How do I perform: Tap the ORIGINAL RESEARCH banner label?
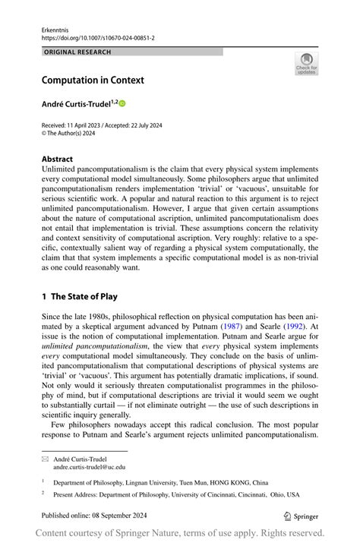coord(77,52)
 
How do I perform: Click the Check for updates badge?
coord(306,64)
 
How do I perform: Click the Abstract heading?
coord(57,159)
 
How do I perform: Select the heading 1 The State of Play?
coord(79,296)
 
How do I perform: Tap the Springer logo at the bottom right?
coord(301,515)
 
